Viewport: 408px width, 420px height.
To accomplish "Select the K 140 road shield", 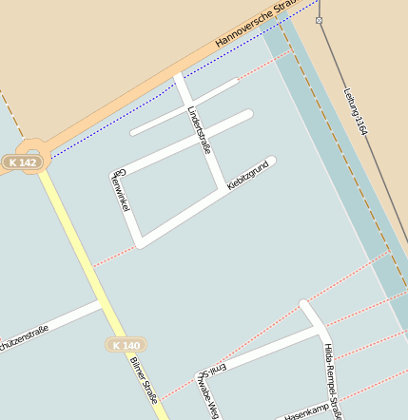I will [x=125, y=345].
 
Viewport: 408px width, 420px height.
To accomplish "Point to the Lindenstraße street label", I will [x=199, y=135].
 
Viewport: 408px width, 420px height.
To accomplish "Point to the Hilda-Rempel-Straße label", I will [x=332, y=380].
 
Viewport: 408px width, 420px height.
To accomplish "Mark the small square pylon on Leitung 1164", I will [x=319, y=19].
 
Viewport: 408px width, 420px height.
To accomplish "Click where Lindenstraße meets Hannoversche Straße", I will [x=179, y=76].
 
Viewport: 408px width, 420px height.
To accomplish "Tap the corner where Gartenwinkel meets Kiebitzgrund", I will [x=141, y=241].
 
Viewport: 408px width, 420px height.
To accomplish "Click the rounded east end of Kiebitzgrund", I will [x=271, y=161].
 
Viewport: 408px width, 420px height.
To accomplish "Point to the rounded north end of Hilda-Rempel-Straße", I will [x=304, y=305].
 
